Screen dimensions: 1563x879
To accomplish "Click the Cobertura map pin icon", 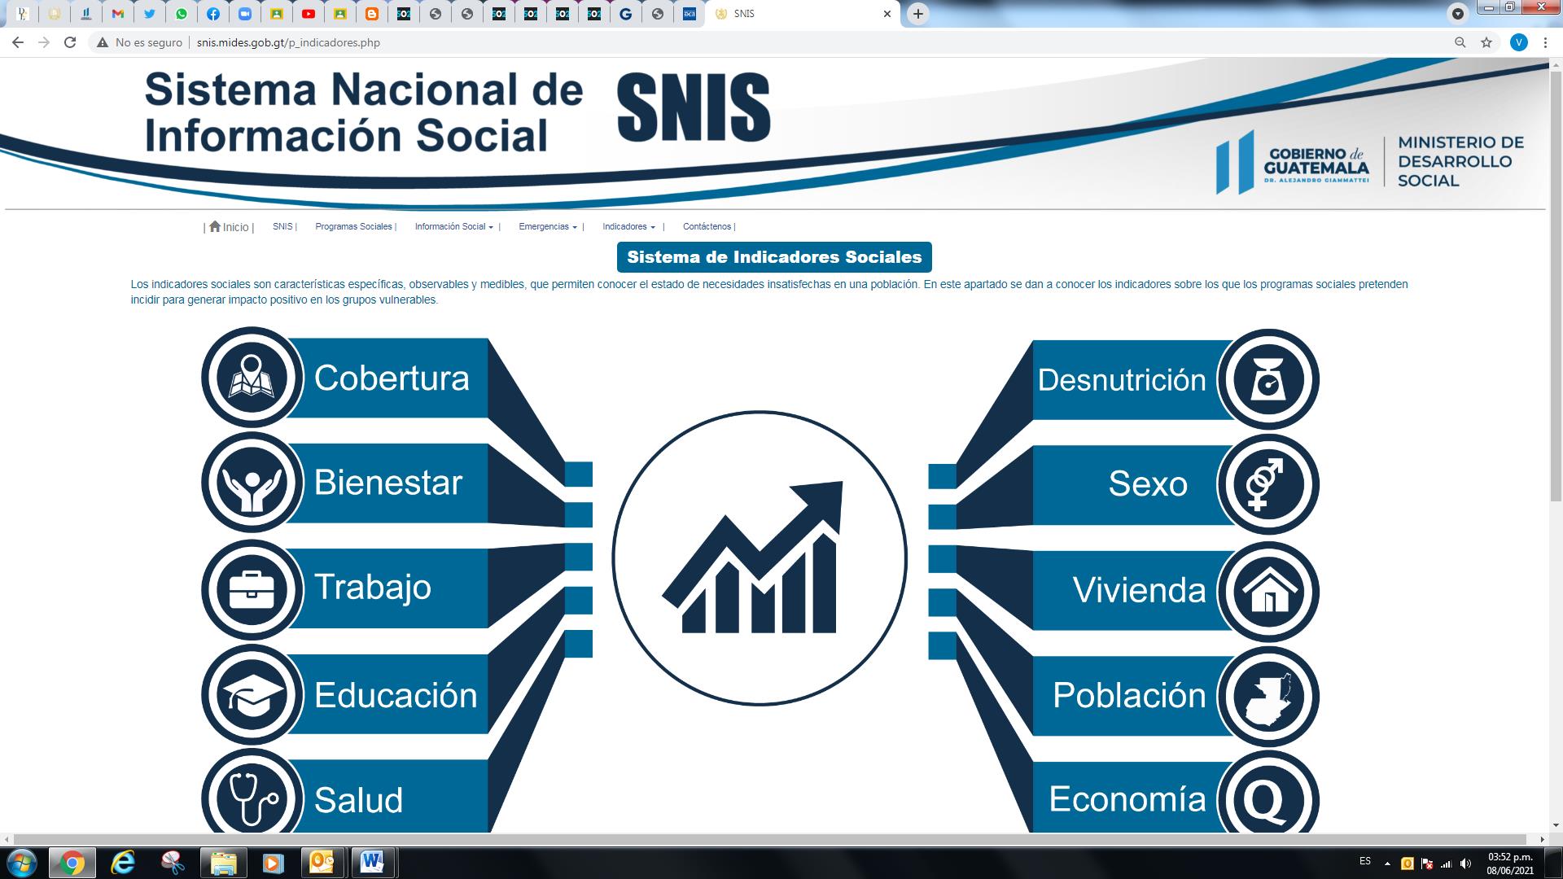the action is point(252,377).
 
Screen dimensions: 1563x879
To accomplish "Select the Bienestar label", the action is point(388,482).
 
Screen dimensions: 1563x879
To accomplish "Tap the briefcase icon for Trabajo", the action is point(252,589).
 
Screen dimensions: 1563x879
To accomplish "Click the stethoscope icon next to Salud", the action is point(253,798).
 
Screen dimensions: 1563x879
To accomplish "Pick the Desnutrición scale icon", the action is point(1267,379).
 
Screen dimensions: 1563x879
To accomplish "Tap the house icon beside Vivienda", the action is point(1268,590).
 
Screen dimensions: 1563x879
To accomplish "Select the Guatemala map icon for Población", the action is point(1268,698).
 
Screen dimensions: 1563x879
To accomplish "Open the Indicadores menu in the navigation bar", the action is point(628,227).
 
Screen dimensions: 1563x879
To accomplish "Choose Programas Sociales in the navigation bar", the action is point(353,227).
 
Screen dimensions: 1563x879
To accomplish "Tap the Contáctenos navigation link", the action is point(707,227).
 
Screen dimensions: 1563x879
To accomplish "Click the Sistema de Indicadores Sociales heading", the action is point(774,257).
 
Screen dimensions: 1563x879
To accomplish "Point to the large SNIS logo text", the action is point(694,108).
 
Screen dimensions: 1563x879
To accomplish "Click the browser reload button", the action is point(70,42).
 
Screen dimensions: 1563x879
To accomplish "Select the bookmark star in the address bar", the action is point(1486,42).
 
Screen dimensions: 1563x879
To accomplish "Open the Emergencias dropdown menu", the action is point(548,227).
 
